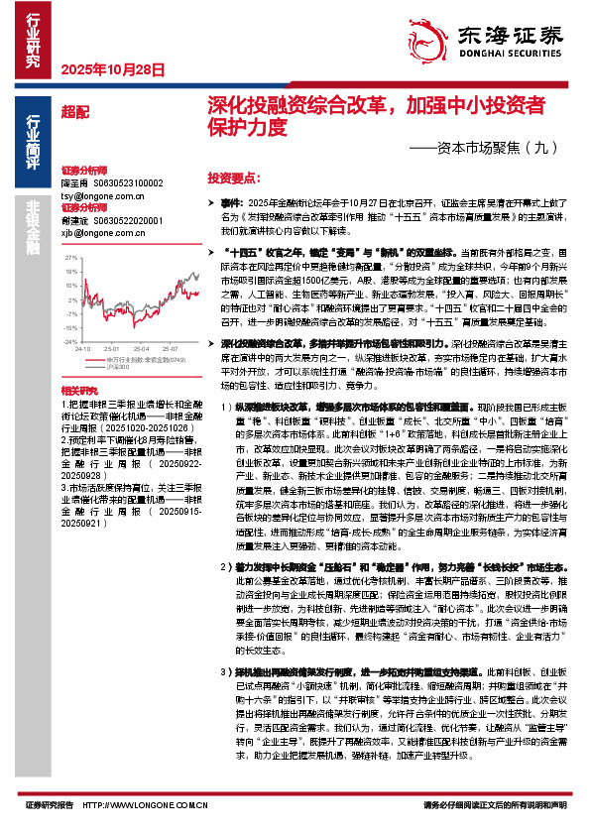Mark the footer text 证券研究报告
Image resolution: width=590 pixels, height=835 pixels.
point(49,805)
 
